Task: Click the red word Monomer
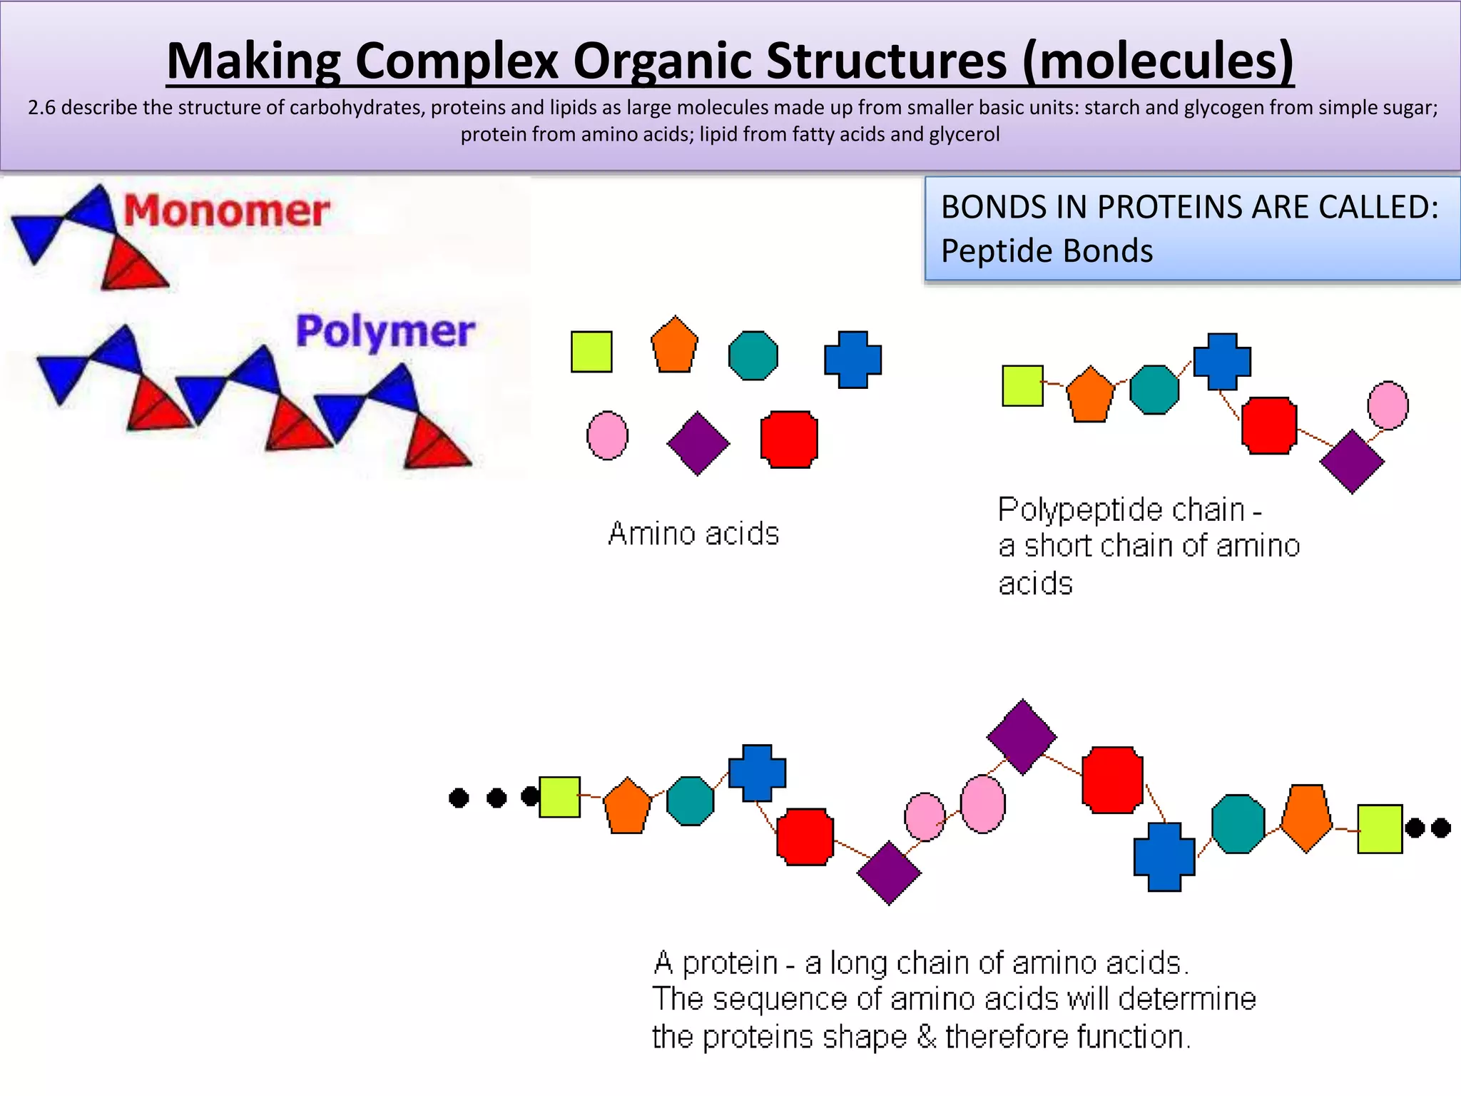[226, 211]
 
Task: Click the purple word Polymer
[385, 332]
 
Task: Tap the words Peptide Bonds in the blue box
[1047, 251]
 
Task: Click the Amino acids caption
[693, 534]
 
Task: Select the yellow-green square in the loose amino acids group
[591, 352]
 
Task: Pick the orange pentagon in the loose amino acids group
[674, 346]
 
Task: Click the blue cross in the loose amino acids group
[852, 359]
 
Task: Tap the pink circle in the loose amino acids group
[607, 435]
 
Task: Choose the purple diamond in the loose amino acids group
[698, 443]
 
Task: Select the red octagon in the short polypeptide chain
[1269, 425]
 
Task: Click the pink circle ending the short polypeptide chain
[1388, 405]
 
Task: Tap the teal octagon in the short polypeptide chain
[1154, 390]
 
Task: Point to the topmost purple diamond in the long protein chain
[1022, 736]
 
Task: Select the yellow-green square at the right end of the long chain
[1379, 828]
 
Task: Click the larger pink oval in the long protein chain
[982, 804]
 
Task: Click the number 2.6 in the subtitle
[43, 108]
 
